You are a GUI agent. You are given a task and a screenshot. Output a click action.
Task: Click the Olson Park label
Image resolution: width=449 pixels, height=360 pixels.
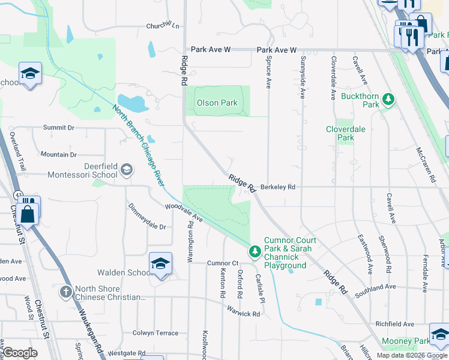tap(217, 103)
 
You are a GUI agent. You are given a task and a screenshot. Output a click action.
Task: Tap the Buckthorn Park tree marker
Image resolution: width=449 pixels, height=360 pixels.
tap(389, 98)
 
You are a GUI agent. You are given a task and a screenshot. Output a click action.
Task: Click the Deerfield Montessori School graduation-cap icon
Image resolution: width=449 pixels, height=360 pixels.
tap(126, 170)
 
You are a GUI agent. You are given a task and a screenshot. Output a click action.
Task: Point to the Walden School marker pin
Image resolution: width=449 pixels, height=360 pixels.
tap(160, 264)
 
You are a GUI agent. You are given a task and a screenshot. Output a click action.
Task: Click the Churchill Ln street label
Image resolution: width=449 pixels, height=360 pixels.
tap(163, 26)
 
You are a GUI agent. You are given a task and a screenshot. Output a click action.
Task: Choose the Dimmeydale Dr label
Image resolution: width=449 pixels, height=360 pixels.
tap(147, 217)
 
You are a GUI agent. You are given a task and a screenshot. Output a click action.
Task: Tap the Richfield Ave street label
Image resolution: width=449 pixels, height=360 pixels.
tap(394, 324)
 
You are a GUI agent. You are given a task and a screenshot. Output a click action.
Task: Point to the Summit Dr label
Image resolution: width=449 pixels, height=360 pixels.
tap(58, 128)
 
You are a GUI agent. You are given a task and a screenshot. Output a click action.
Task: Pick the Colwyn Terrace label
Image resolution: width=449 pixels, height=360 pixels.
tap(155, 333)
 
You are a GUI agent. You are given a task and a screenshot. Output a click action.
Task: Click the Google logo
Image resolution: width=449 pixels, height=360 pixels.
tap(20, 353)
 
